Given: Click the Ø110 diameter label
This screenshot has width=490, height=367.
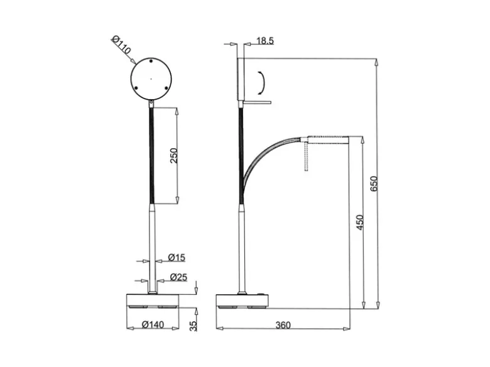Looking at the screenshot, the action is (x=121, y=45).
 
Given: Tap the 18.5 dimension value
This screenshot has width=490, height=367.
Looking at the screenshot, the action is (x=265, y=41).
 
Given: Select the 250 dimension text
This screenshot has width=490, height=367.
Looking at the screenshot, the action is (x=174, y=156).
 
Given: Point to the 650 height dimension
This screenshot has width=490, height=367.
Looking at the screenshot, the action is (x=373, y=184).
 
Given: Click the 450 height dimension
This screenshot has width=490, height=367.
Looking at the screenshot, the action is (x=360, y=223).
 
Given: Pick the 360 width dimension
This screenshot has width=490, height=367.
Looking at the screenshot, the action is (x=283, y=325).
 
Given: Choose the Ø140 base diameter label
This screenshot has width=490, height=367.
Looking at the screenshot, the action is (x=153, y=324).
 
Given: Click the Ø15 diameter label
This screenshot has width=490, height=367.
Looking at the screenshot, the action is (x=177, y=257).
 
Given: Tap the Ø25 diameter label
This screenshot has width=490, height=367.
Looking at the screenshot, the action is (x=179, y=277).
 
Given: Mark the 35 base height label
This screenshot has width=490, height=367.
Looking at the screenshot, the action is (x=193, y=326).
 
